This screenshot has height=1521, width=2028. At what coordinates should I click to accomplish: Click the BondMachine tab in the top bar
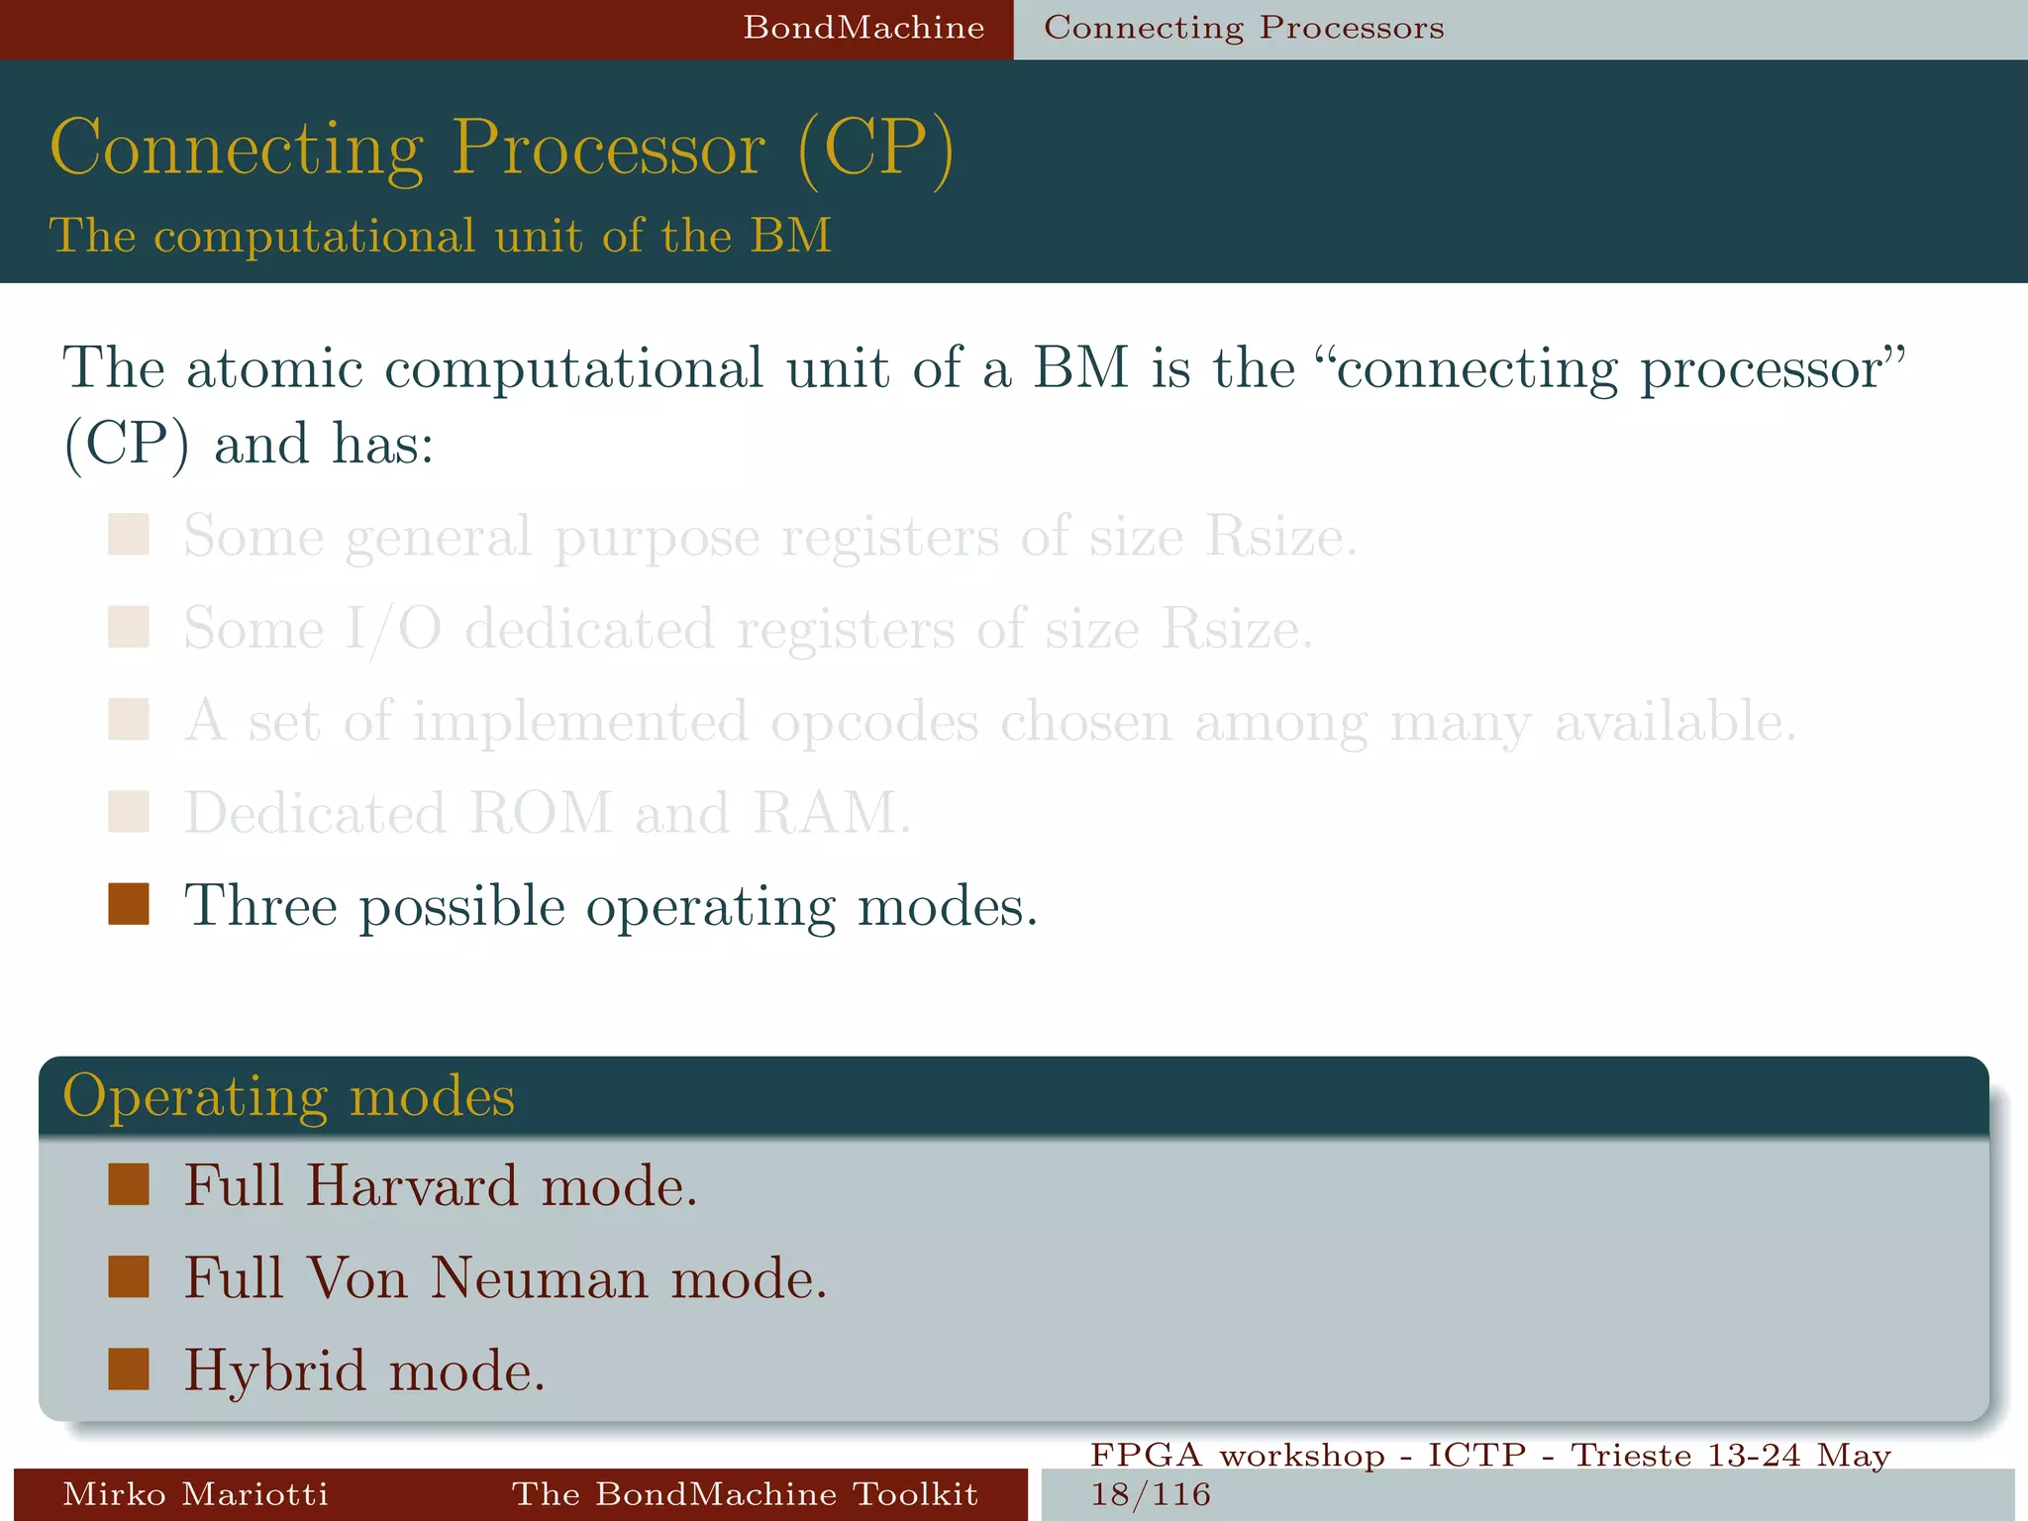[x=863, y=28]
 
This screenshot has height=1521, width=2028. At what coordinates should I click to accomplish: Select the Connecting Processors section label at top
[x=1244, y=28]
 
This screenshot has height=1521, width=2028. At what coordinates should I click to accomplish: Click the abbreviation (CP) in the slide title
[x=875, y=149]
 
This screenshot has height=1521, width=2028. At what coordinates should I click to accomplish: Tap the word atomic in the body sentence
[x=274, y=368]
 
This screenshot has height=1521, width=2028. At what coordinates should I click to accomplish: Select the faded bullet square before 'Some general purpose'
[x=129, y=535]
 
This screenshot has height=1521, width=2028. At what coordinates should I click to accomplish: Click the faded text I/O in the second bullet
[x=392, y=630]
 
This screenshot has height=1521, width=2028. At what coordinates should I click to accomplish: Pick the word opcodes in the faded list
[x=874, y=722]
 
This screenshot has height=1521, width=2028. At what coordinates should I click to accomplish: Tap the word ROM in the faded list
[x=541, y=814]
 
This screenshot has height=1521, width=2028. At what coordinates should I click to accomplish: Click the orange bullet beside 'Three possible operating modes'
[x=129, y=904]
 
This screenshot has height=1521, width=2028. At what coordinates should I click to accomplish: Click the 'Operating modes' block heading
[x=289, y=1096]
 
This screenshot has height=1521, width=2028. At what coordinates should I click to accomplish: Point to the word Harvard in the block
[x=411, y=1185]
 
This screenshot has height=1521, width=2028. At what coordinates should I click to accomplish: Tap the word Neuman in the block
[x=540, y=1277]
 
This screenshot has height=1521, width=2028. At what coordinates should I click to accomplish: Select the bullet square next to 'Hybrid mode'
[x=129, y=1369]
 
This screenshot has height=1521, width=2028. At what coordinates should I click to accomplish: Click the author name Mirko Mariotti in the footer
[x=195, y=1493]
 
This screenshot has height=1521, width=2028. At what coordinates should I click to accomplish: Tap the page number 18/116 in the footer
[x=1151, y=1494]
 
